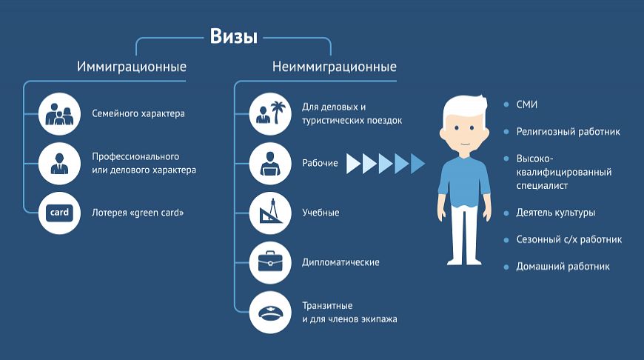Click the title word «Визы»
tap(233, 36)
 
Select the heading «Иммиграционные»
tap(132, 67)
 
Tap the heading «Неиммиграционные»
tap(334, 67)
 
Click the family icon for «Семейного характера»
tap(59, 113)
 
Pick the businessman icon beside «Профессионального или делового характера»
tap(59, 163)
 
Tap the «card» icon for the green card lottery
tap(59, 213)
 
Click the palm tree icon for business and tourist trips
tap(270, 113)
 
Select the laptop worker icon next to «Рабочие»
tap(270, 163)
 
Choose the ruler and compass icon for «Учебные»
tap(270, 213)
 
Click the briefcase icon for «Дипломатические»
tap(270, 262)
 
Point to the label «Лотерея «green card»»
tap(138, 213)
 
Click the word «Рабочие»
tap(320, 163)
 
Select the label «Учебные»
tap(321, 213)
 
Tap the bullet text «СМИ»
tap(526, 104)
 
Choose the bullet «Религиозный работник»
tap(568, 132)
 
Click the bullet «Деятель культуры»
tap(555, 213)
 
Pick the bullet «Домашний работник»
tap(563, 266)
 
